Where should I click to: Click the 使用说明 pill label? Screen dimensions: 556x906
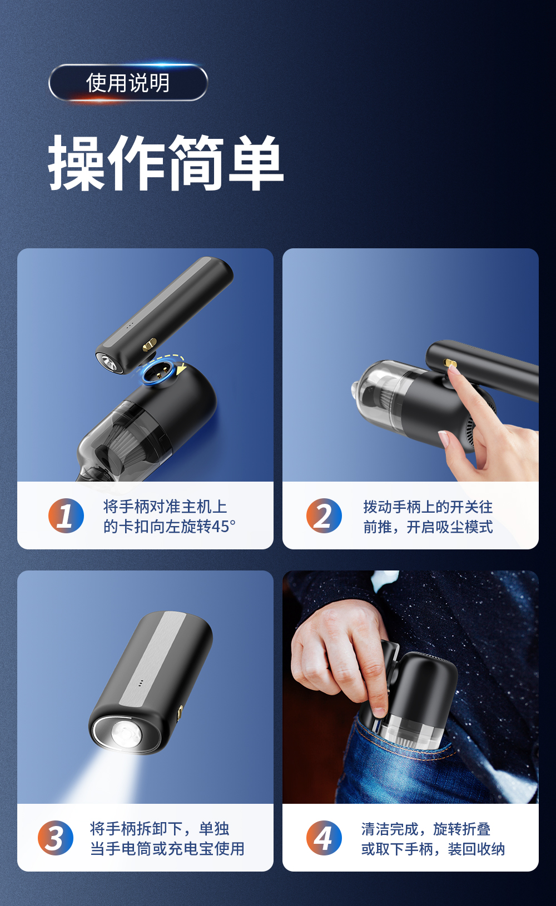click(128, 83)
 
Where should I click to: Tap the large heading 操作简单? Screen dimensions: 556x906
click(166, 163)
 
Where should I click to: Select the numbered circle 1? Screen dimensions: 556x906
click(66, 515)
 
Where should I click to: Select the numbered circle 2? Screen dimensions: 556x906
click(324, 515)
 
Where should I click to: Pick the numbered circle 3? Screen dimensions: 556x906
click(56, 838)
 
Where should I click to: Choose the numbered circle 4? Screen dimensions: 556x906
click(324, 838)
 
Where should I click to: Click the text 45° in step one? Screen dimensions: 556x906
click(223, 527)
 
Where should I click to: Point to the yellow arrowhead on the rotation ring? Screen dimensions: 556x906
click(181, 369)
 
